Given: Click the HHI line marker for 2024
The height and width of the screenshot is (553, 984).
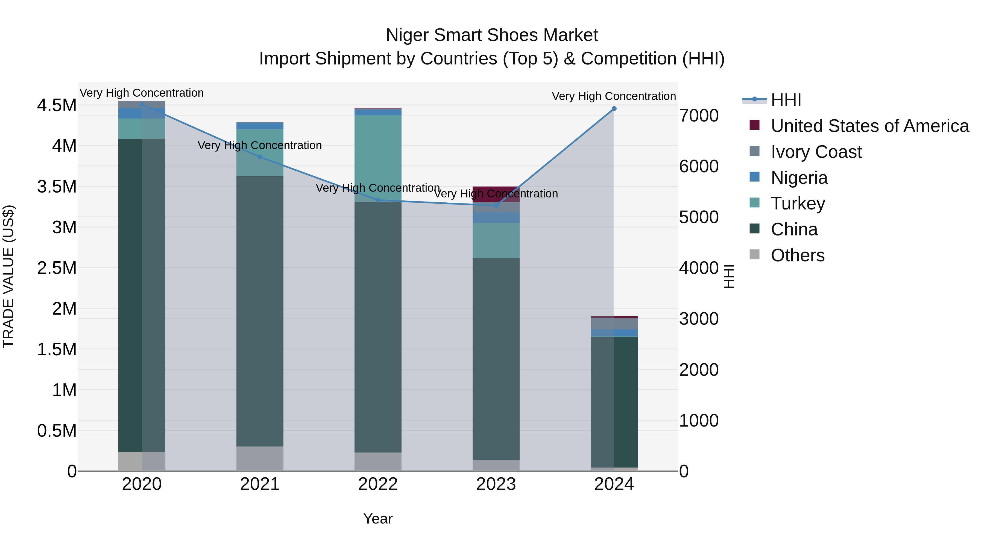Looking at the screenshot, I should [614, 109].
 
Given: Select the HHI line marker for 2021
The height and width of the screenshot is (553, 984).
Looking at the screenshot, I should [260, 157].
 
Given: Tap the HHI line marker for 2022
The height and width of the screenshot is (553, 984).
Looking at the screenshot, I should [378, 200].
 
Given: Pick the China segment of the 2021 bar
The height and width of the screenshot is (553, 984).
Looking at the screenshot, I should [260, 311].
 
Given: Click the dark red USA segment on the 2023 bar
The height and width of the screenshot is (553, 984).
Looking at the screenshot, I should [496, 194].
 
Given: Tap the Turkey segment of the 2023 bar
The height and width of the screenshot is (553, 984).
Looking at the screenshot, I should [496, 240].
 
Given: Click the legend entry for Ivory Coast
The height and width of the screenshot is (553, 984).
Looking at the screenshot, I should [816, 152].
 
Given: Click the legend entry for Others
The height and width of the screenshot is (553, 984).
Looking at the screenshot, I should [797, 255].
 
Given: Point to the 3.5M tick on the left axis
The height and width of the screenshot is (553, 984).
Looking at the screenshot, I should [57, 187].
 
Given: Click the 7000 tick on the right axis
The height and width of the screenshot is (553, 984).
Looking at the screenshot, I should [699, 116].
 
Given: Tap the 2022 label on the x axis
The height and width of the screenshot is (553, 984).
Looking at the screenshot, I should [378, 484].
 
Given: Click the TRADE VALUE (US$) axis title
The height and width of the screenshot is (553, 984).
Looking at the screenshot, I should [8, 276].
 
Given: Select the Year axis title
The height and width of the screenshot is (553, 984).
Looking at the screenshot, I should [378, 519].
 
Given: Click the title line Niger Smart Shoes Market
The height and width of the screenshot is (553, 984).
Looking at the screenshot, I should [492, 35].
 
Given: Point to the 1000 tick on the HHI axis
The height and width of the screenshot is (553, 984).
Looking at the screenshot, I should [699, 421].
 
